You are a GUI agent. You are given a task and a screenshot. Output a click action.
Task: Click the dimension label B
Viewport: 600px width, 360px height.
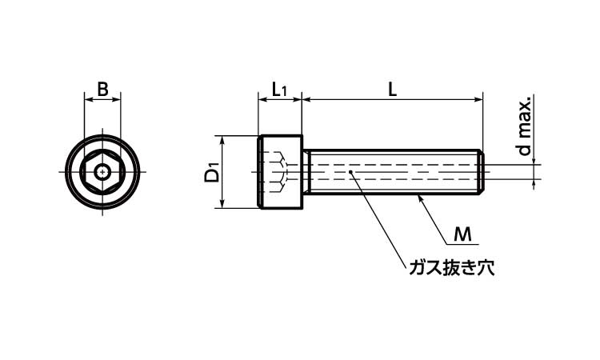[102, 89]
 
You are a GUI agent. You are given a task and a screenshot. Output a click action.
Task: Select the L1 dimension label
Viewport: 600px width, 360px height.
[279, 90]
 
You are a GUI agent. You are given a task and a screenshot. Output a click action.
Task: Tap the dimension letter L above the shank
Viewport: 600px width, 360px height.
[392, 90]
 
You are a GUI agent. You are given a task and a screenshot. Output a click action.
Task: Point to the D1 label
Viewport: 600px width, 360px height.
[211, 172]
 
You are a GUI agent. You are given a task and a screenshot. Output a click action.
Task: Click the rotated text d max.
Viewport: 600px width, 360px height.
[525, 126]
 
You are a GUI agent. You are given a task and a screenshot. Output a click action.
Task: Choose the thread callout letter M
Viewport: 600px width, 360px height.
[462, 234]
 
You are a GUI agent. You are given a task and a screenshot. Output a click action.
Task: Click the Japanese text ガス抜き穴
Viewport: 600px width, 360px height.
[451, 268]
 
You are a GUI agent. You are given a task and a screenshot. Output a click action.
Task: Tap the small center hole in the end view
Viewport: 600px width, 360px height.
[102, 172]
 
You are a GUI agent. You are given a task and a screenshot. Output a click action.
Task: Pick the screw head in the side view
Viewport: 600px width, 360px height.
[280, 172]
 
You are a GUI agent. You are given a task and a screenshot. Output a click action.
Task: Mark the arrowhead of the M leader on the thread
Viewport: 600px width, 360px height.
[419, 198]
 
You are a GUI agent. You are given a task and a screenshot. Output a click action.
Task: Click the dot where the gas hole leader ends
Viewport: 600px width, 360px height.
[350, 172]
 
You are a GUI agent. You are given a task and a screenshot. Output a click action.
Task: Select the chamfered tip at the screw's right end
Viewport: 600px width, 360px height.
[482, 172]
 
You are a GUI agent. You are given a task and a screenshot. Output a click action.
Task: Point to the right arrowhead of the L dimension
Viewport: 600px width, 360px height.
[478, 100]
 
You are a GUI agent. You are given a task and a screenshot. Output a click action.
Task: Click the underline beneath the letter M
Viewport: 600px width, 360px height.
[463, 244]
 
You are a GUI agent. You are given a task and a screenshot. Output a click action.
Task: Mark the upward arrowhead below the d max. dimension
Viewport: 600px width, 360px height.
[534, 184]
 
